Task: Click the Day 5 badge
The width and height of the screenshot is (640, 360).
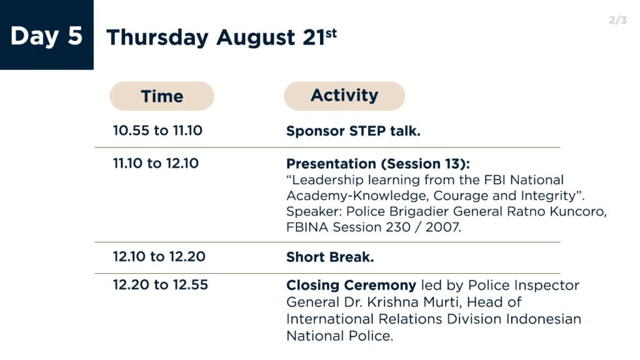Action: point(46,35)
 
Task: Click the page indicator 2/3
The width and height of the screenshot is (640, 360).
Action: point(617,20)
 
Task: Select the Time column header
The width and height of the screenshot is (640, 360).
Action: point(162,96)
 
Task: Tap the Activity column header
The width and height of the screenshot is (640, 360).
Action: point(344,96)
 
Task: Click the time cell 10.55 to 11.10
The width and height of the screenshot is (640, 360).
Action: point(157,131)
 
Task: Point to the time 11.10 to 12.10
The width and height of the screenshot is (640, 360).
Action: point(156,163)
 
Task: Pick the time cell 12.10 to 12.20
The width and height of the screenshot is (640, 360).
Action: point(159,257)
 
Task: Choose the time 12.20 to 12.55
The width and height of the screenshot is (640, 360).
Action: point(161,285)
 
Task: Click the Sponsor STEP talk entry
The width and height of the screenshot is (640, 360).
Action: point(353,131)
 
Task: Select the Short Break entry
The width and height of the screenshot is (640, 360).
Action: point(330,257)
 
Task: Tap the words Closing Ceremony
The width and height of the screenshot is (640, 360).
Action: point(351,285)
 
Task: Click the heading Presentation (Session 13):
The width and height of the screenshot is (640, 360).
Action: point(378,164)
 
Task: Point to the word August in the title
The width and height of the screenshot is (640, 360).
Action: point(256,38)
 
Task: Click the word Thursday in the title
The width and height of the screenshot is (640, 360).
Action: point(157,38)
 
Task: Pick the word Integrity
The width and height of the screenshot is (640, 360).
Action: point(550,196)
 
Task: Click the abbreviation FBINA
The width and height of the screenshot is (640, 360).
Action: point(307,227)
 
